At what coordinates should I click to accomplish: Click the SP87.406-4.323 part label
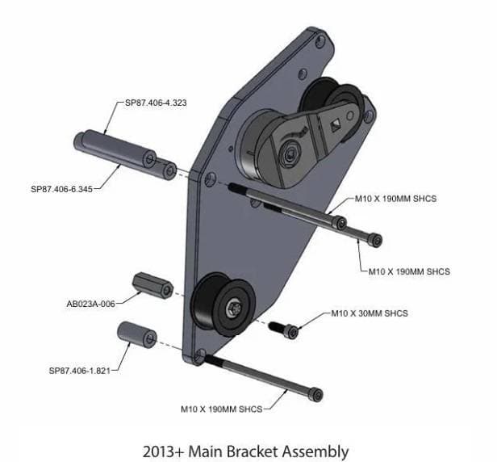(x=156, y=103)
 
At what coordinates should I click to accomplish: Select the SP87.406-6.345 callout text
(x=62, y=189)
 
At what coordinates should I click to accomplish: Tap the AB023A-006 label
(x=90, y=304)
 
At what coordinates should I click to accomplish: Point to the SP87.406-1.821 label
(x=80, y=371)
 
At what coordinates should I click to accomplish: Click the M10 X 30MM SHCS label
(x=370, y=313)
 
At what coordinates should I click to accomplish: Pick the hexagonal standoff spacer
(x=152, y=285)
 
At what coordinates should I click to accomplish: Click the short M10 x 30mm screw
(x=283, y=330)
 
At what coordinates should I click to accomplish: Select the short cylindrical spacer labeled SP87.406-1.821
(x=137, y=334)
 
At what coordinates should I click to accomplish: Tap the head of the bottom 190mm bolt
(x=316, y=394)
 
